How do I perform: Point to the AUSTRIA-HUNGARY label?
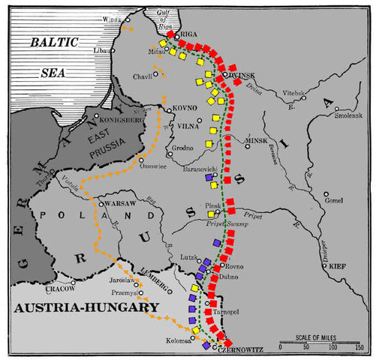click(82, 307)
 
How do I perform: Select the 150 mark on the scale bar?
click(359, 347)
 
